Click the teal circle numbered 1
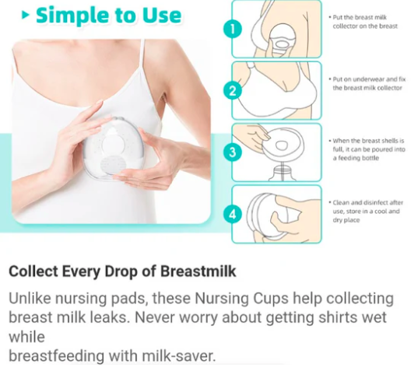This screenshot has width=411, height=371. pyautogui.click(x=233, y=29)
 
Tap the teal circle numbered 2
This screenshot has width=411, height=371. pyautogui.click(x=233, y=91)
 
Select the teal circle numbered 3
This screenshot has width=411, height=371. pyautogui.click(x=233, y=152)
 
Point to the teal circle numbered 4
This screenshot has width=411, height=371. pyautogui.click(x=233, y=214)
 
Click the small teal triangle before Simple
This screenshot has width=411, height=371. pyautogui.click(x=26, y=16)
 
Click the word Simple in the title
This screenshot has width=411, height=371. pyautogui.click(x=72, y=16)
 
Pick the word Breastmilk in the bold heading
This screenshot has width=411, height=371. pyautogui.click(x=198, y=271)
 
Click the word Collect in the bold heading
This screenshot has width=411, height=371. pyautogui.click(x=33, y=271)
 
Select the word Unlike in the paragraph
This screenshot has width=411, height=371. pyautogui.click(x=30, y=298)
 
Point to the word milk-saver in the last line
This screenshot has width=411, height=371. pyautogui.click(x=178, y=355)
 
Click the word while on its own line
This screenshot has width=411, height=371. pyautogui.click(x=26, y=337)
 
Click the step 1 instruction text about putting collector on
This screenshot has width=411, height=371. pyautogui.click(x=365, y=22)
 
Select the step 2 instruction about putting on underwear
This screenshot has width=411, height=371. pyautogui.click(x=367, y=83)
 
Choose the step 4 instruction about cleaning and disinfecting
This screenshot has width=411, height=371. pyautogui.click(x=366, y=211)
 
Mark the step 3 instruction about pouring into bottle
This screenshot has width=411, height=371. pyautogui.click(x=367, y=149)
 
